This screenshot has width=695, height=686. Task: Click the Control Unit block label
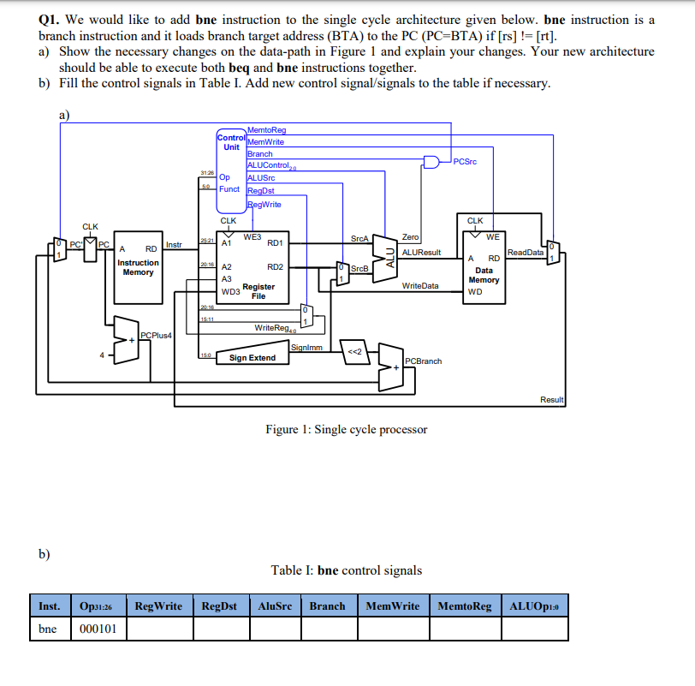pyautogui.click(x=231, y=142)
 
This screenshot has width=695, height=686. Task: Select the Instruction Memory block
pyautogui.click(x=138, y=267)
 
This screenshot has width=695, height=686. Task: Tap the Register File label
pyautogui.click(x=258, y=291)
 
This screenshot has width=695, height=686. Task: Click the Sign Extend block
pyautogui.click(x=252, y=357)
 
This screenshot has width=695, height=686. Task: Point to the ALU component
pyautogui.click(x=390, y=254)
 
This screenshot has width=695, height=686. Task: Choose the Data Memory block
pyautogui.click(x=484, y=274)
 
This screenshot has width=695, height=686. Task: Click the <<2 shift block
pyautogui.click(x=354, y=351)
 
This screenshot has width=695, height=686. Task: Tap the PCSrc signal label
pyautogui.click(x=466, y=161)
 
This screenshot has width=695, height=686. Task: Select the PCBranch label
pyautogui.click(x=423, y=361)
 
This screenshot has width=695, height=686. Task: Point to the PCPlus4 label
pyautogui.click(x=156, y=335)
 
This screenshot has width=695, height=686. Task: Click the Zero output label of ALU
pyautogui.click(x=410, y=236)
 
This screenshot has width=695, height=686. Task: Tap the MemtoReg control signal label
pyautogui.click(x=266, y=130)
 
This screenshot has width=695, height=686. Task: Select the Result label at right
pyautogui.click(x=552, y=400)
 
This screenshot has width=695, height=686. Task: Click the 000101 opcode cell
pyautogui.click(x=98, y=629)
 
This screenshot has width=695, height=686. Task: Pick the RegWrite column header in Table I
pyautogui.click(x=159, y=606)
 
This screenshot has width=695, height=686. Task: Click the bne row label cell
pyautogui.click(x=49, y=629)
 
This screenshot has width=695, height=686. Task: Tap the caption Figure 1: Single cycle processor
pyautogui.click(x=346, y=429)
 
